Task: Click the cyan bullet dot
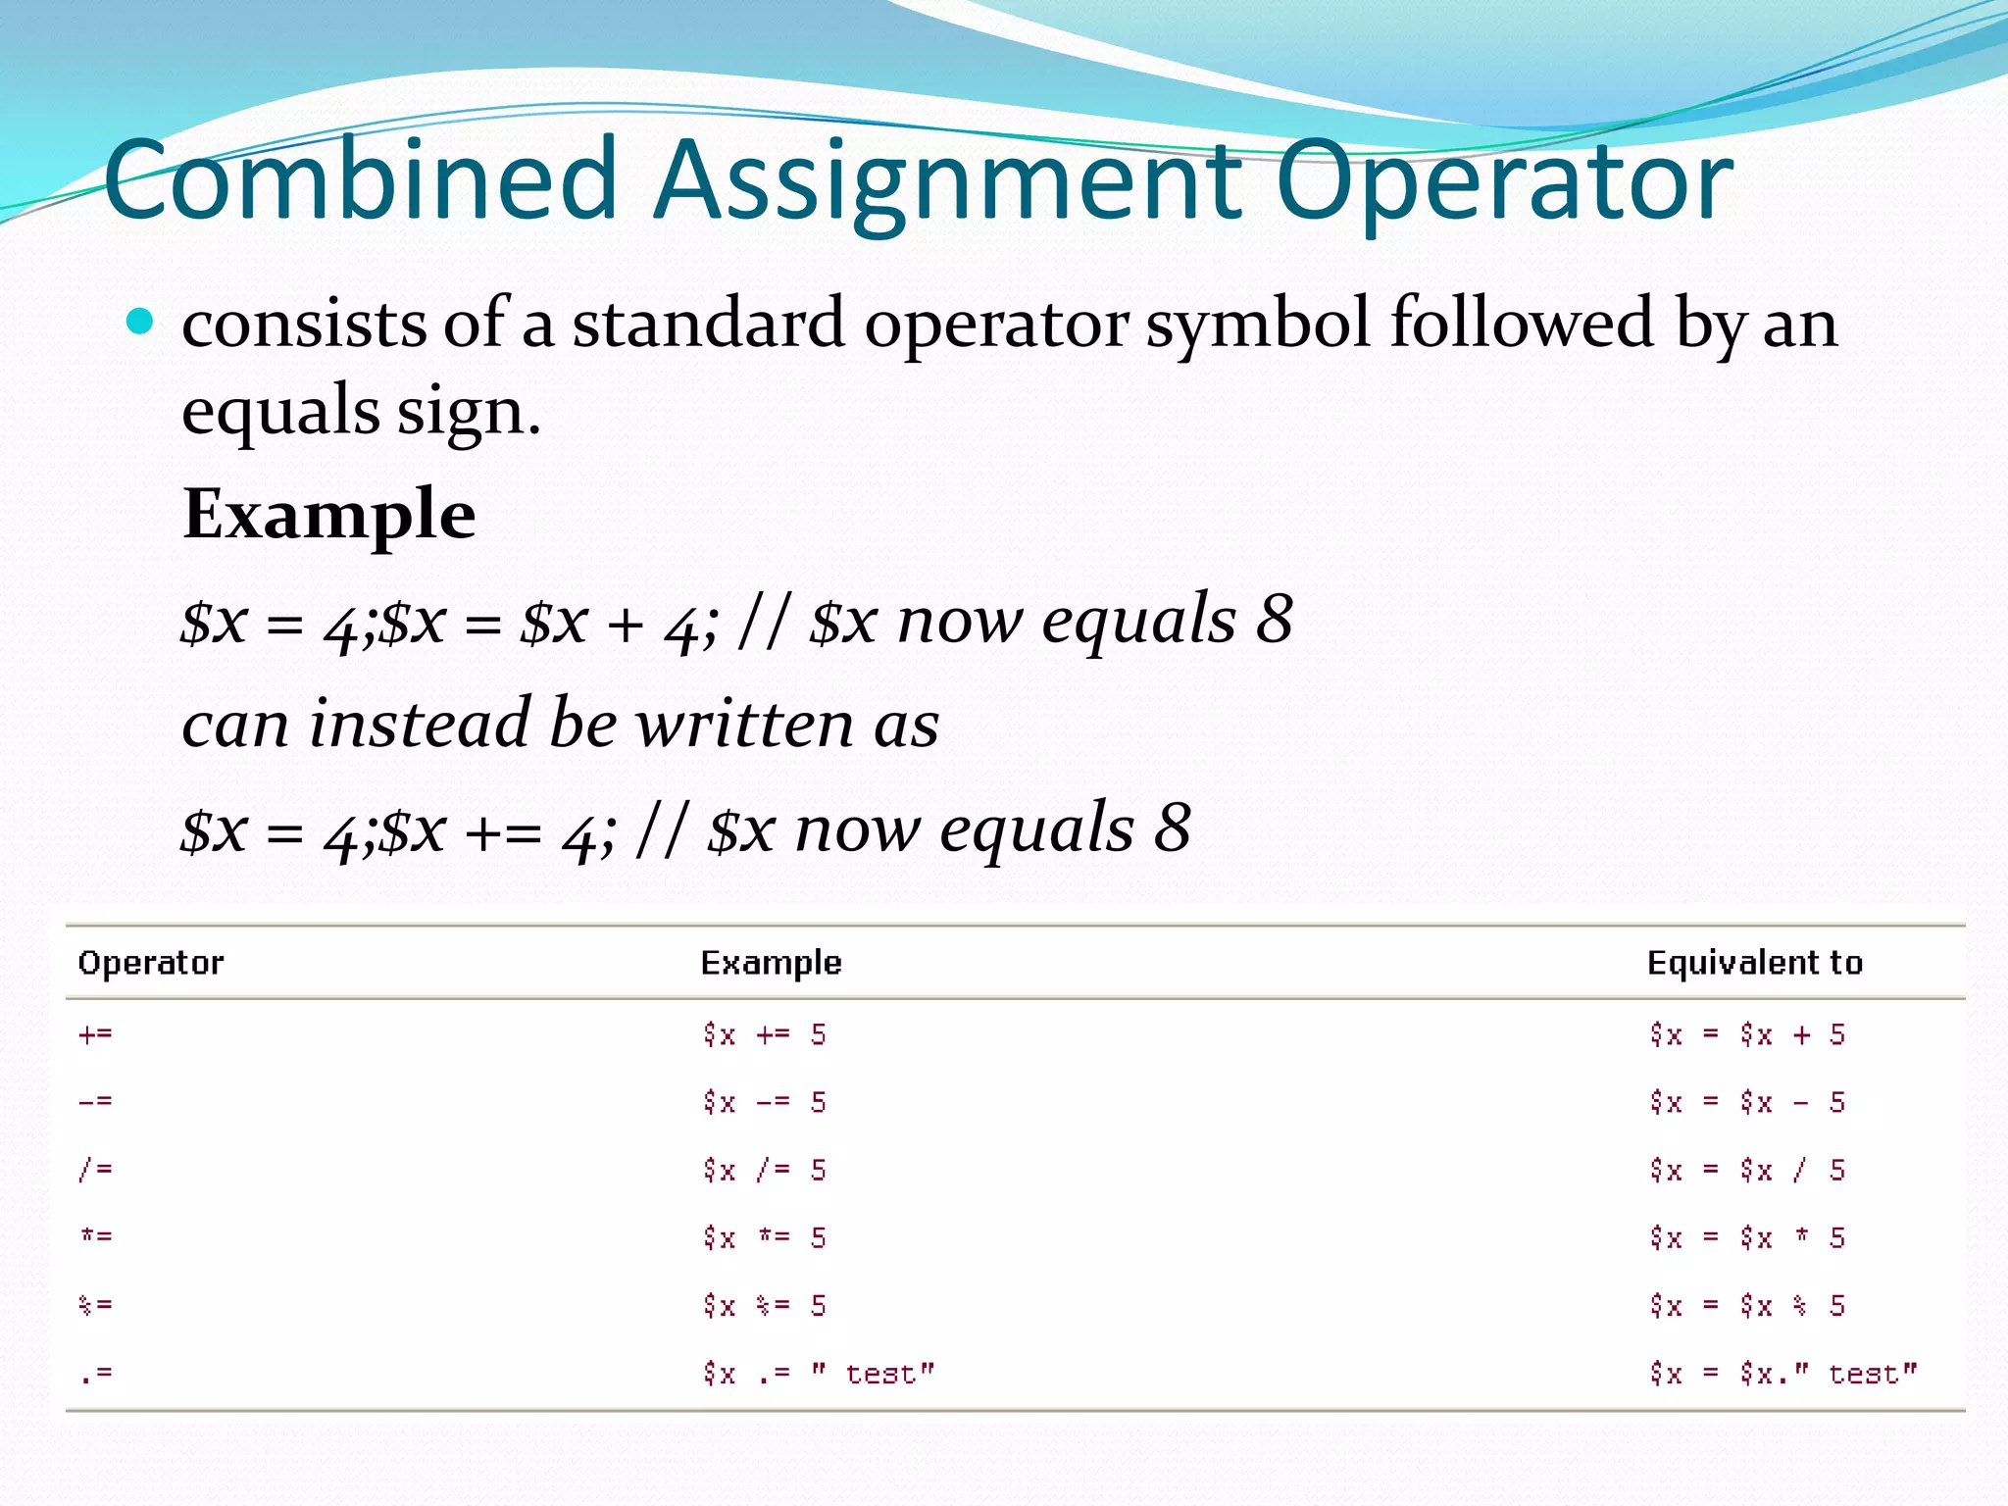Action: (x=141, y=322)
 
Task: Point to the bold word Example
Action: (x=329, y=514)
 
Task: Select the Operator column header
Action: (x=151, y=963)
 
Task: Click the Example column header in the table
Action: (x=771, y=963)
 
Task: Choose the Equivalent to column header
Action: (x=1754, y=963)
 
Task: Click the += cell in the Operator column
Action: (x=96, y=1034)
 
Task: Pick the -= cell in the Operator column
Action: (x=96, y=1102)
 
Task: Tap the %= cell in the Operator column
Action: (x=96, y=1305)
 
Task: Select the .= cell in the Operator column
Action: (x=96, y=1373)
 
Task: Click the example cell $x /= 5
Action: (x=765, y=1170)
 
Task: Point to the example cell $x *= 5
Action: (x=765, y=1237)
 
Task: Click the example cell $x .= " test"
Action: (x=819, y=1373)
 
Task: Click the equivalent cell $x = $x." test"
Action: (x=1782, y=1373)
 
